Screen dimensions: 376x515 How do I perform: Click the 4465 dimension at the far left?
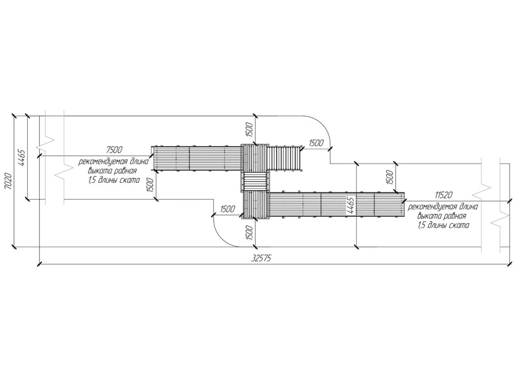[21, 157]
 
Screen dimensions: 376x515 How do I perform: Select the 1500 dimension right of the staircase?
[315, 143]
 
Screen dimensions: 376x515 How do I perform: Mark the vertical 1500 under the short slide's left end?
[151, 185]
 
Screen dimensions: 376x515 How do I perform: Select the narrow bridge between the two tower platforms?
[255, 182]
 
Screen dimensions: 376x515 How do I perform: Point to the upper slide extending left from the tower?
[196, 158]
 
